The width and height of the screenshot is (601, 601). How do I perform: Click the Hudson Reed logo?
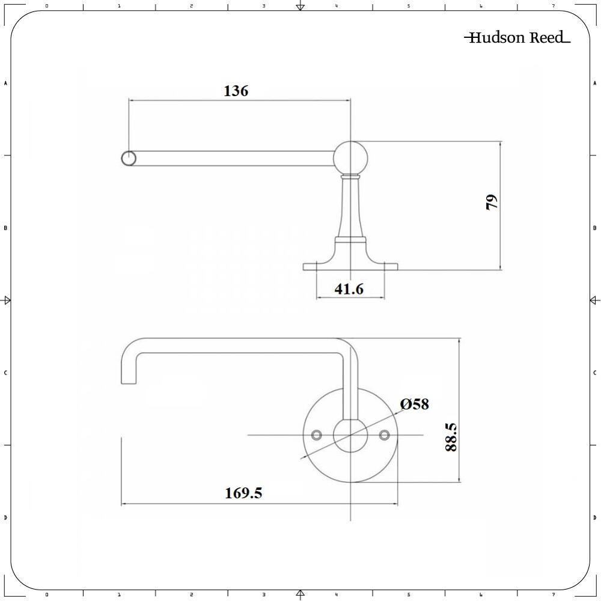[517, 38]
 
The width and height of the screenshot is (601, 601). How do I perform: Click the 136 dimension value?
[236, 91]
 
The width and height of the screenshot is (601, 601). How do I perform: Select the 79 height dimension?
[492, 202]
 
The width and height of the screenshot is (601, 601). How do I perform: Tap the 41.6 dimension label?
[349, 289]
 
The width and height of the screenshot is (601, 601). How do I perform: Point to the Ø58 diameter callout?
[415, 404]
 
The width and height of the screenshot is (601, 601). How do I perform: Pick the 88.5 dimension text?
[451, 437]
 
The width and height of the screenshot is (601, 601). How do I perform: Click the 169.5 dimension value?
[243, 493]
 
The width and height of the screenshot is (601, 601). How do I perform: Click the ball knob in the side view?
[350, 157]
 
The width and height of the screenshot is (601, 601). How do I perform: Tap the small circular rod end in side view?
[129, 158]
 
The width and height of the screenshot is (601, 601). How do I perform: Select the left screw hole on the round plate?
[316, 435]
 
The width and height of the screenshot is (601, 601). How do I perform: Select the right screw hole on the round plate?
[385, 435]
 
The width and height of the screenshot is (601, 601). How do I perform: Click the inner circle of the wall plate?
[350, 435]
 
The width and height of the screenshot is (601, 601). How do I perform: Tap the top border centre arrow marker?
[300, 7]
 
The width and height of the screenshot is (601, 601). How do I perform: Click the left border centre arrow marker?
[7, 300]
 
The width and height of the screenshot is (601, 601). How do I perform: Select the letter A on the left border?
[5, 84]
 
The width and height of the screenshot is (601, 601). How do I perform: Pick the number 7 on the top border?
[553, 6]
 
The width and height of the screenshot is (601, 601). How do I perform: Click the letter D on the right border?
[594, 517]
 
